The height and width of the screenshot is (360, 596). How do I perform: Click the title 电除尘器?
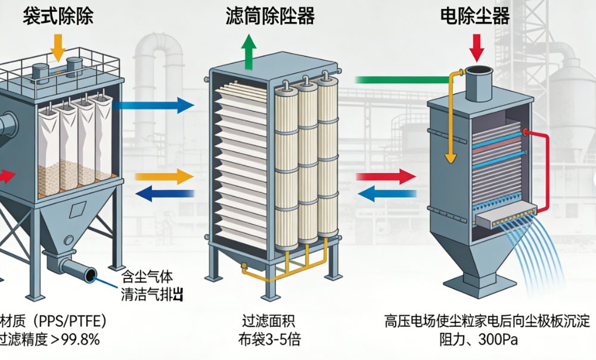475,15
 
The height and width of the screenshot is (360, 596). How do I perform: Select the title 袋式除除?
58,15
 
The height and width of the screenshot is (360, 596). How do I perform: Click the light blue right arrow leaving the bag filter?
152,107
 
